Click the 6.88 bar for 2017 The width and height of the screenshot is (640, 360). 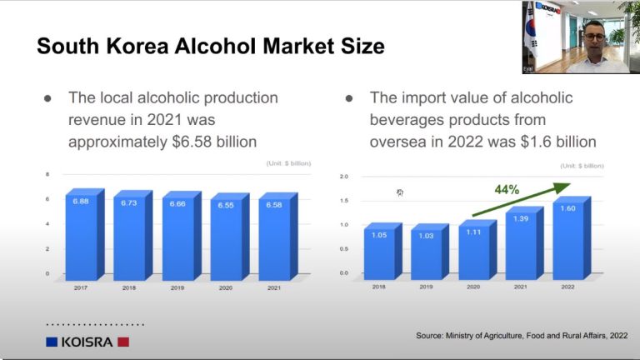coord(82,237)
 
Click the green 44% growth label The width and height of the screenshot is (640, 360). coord(507,190)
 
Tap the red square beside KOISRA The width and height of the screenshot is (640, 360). coord(123,342)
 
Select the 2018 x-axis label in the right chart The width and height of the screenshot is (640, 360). coord(381,286)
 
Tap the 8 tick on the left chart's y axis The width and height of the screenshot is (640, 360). coord(47,174)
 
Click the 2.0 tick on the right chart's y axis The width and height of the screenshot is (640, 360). coord(344,177)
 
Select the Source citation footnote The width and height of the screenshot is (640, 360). coord(522,336)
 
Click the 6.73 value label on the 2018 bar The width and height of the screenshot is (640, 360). coord(129,203)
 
